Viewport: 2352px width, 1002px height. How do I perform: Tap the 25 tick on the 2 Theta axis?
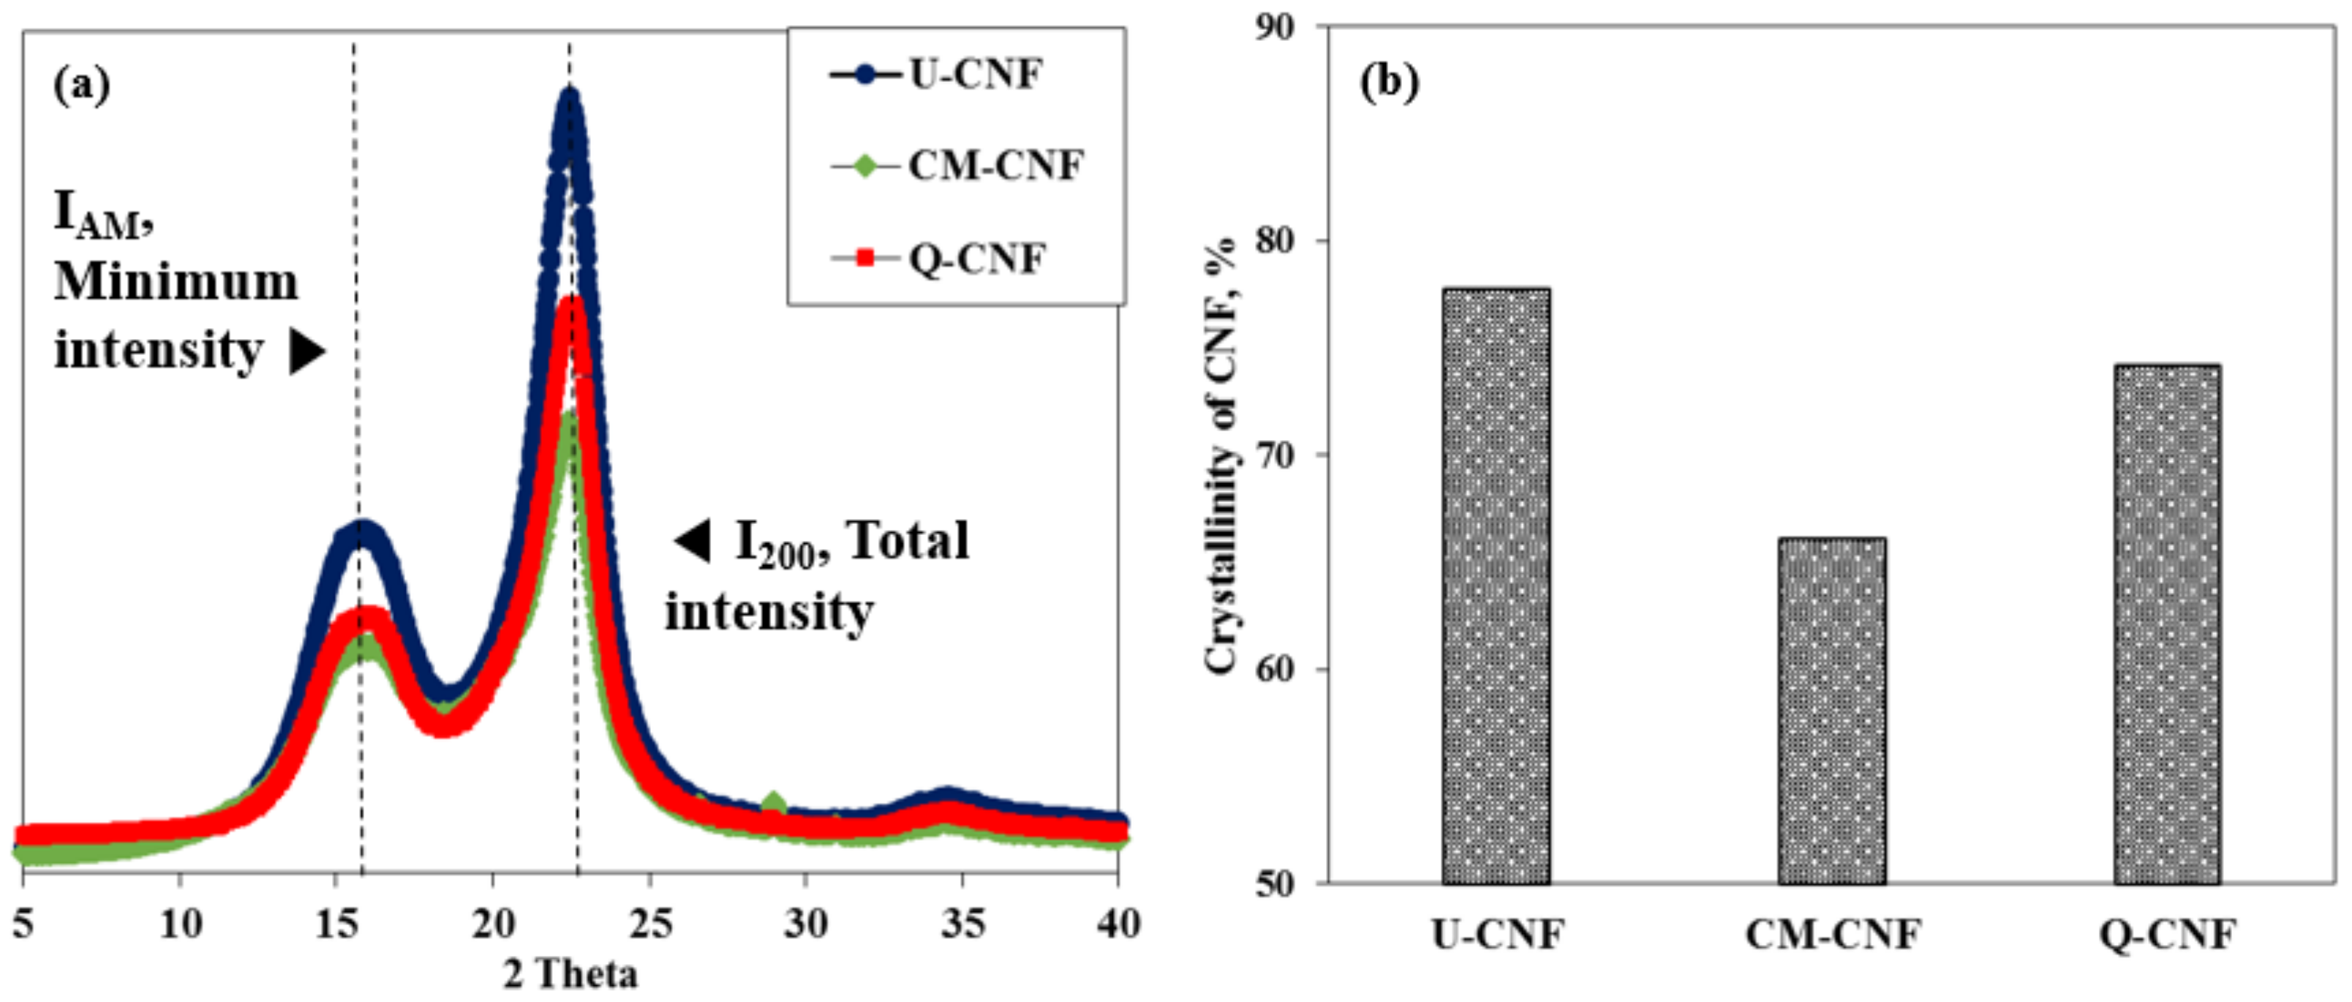coord(650,925)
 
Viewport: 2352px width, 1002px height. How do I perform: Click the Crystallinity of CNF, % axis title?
coord(1221,456)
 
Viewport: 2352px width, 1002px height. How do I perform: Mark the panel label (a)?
coord(82,87)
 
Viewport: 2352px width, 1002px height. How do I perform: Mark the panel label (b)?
coord(1390,83)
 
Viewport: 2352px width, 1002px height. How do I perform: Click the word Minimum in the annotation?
coord(176,282)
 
